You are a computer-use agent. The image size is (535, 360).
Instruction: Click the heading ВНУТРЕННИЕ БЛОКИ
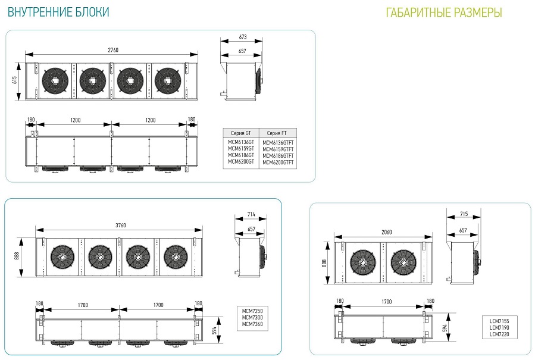58,12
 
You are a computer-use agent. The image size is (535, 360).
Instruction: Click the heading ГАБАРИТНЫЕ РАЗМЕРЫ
444,13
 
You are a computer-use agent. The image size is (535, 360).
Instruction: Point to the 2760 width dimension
113,50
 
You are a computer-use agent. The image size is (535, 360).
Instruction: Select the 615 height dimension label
15,80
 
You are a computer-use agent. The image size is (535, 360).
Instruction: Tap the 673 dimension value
243,37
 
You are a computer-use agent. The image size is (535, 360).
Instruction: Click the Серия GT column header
241,133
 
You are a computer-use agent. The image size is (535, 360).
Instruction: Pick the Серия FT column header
277,133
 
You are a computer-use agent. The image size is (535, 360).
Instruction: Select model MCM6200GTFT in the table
278,162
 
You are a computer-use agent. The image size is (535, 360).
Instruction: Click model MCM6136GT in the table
241,142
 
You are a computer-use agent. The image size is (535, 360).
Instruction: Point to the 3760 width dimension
120,225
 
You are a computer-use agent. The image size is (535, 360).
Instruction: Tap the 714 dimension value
251,214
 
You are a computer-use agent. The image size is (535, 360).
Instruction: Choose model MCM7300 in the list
252,317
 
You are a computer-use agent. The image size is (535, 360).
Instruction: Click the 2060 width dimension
387,232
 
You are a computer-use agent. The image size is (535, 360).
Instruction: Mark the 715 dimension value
464,214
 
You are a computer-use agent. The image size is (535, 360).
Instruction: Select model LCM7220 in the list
499,334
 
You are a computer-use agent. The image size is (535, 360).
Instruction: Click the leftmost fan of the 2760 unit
55,81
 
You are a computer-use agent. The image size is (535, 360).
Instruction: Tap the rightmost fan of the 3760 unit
176,256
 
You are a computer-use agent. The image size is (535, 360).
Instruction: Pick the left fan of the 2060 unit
363,262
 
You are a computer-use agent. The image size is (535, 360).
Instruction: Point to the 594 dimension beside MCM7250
214,330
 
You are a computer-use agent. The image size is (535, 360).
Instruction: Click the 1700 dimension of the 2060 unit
387,302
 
